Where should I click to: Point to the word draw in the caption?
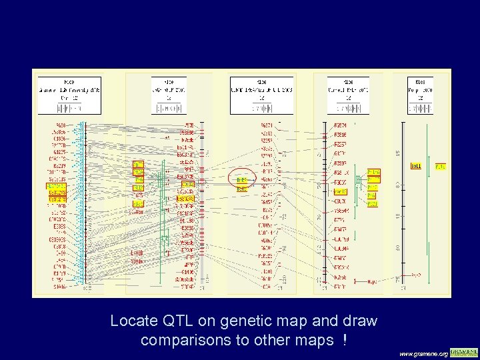(x=360, y=321)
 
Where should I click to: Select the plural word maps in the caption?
(x=313, y=340)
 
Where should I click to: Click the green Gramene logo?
(x=464, y=351)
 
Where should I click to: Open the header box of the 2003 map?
(x=262, y=94)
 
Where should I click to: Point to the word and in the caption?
(x=326, y=321)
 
